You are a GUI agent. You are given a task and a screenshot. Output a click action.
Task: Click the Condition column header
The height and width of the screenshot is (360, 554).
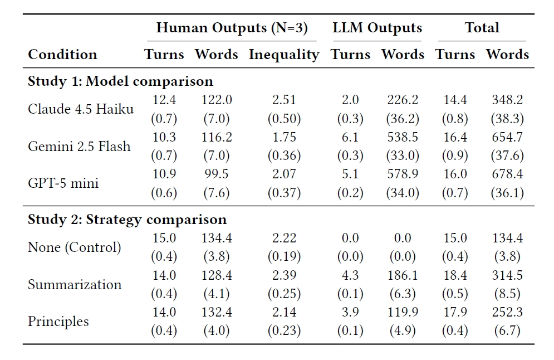[x=62, y=55]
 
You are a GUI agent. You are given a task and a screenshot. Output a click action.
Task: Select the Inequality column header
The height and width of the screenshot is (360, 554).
[x=284, y=55]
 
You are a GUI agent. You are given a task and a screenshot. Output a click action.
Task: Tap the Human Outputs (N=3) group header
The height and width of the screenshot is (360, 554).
[x=232, y=28]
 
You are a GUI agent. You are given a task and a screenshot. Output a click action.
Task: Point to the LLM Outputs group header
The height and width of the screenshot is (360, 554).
[x=377, y=28]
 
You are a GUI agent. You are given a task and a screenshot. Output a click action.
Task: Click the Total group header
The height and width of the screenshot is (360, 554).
[x=482, y=27]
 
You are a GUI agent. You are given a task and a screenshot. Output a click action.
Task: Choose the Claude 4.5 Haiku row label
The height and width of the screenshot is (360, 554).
[x=81, y=109]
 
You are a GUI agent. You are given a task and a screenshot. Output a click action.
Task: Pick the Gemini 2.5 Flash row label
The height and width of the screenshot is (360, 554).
[x=79, y=146]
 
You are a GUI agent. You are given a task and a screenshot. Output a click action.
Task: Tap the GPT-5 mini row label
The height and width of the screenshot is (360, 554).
[x=63, y=183]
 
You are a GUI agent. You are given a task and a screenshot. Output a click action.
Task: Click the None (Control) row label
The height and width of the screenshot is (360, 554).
[x=75, y=247]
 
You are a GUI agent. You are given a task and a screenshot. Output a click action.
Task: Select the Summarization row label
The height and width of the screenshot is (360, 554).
[x=75, y=284]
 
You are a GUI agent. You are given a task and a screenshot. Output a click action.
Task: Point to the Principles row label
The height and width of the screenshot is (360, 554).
[x=58, y=322]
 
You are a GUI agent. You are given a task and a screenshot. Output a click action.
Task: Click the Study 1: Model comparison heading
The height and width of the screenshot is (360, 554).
[x=120, y=81]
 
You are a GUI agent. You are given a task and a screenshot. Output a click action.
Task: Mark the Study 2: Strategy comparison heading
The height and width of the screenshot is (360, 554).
[x=127, y=220]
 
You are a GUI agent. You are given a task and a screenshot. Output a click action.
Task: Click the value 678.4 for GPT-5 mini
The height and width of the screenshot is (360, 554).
[x=507, y=174]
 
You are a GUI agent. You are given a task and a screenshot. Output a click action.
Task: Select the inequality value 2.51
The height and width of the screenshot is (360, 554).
[x=284, y=100]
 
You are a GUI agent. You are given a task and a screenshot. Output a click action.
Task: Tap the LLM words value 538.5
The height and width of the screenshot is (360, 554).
[x=403, y=137]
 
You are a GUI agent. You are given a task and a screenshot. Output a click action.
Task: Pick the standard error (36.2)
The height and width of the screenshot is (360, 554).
[x=403, y=119]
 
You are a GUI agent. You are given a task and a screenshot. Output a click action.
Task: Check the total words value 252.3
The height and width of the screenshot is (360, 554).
[x=507, y=312]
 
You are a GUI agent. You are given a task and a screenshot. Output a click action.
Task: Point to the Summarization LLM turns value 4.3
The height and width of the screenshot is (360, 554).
[x=350, y=275]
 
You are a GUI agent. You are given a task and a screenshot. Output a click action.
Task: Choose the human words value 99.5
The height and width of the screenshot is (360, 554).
[x=217, y=174]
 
